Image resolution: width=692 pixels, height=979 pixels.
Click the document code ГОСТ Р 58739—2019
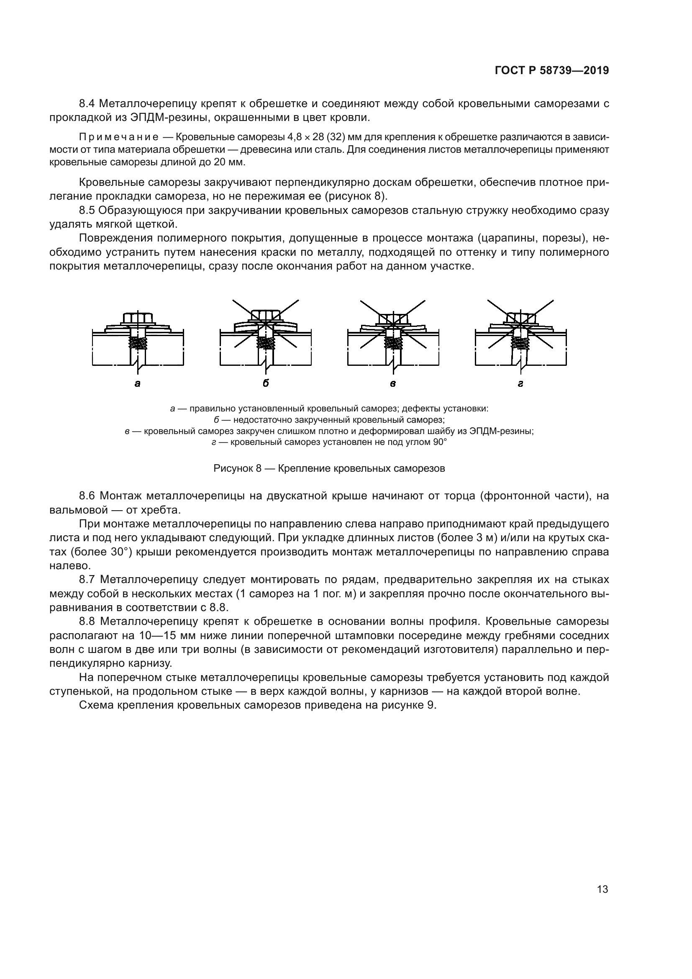pos(551,71)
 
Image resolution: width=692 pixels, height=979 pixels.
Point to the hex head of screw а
pos(138,318)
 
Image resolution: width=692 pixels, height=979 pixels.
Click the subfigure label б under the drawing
pos(266,383)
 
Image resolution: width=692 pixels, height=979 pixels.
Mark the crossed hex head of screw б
pos(266,315)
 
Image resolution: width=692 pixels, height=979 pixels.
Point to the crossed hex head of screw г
pos(520,318)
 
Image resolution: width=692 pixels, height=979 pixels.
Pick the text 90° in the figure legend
pos(440,442)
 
